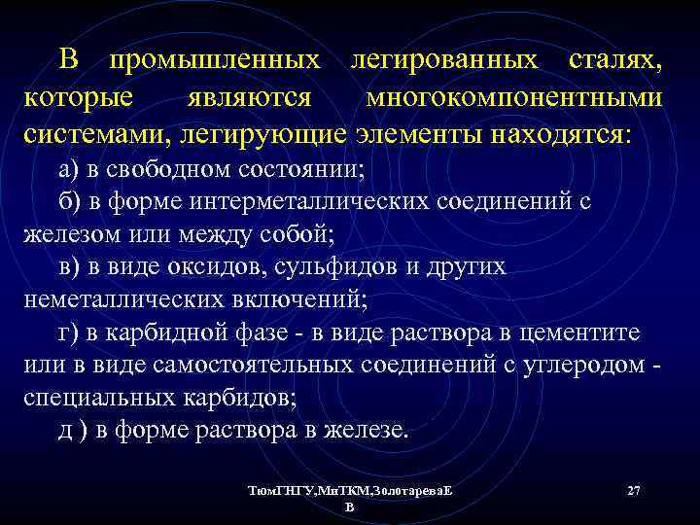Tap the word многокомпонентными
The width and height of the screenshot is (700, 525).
[x=515, y=98]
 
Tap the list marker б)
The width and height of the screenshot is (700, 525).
[x=71, y=201]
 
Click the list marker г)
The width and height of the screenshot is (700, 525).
[x=69, y=333]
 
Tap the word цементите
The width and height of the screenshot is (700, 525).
[x=581, y=333]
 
